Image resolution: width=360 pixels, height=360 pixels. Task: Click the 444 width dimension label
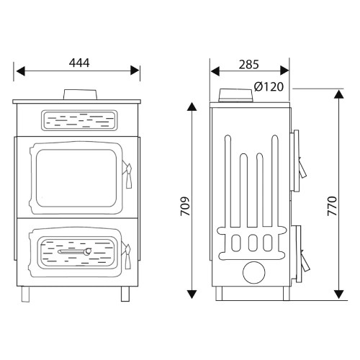click(x=79, y=63)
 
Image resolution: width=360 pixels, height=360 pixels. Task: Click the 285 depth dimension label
click(x=249, y=64)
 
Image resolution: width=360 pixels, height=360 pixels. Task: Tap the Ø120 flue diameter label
click(x=269, y=86)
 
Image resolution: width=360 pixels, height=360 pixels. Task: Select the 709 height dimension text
click(x=185, y=207)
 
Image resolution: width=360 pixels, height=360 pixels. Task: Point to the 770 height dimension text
click(x=332, y=206)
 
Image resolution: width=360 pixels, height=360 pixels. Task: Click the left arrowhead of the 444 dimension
click(x=20, y=71)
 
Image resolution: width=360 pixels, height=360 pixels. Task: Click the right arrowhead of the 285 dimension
click(x=284, y=71)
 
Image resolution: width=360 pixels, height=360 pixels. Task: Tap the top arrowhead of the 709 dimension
click(x=192, y=107)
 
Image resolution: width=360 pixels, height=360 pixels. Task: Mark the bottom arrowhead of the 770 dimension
click(x=338, y=294)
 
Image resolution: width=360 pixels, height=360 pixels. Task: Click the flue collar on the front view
click(x=80, y=94)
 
